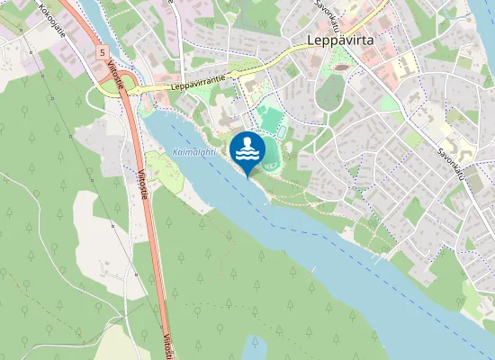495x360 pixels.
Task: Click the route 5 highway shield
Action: (103, 53)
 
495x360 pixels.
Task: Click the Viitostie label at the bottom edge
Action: (167, 346)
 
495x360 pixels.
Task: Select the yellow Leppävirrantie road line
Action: (270, 63)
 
